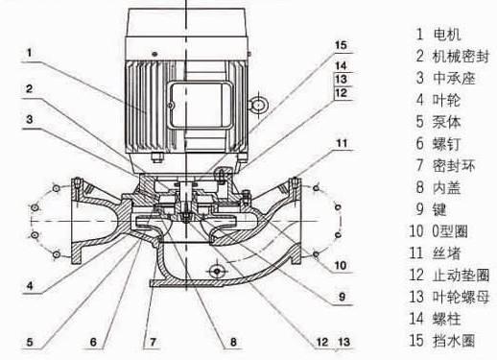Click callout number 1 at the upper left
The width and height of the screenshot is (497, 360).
pos(30,53)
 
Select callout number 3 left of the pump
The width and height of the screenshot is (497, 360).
pos(30,120)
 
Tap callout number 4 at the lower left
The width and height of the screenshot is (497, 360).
pos(30,285)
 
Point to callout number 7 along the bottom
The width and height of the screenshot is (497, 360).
pos(153,342)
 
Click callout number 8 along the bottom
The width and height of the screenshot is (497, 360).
pos(233,342)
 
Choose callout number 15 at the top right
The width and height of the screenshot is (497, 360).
pos(341,45)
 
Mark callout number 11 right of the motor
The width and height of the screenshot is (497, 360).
pos(342,143)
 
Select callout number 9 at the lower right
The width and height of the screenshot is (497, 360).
pos(342,297)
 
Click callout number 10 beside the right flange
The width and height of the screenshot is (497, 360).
pos(341,265)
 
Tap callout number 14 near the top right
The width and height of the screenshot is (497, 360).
pos(341,65)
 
